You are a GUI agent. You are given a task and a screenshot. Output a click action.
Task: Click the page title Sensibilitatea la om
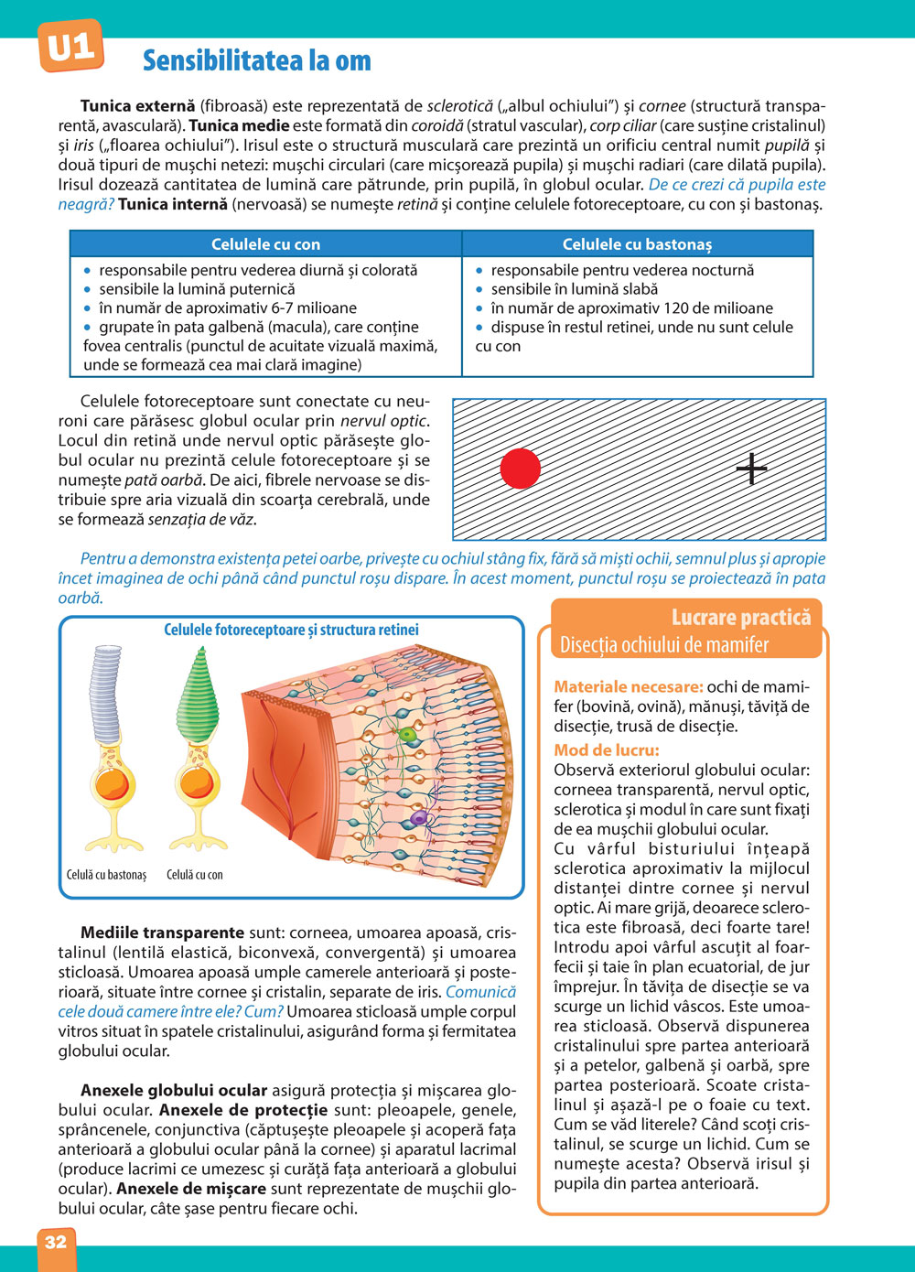point(257,61)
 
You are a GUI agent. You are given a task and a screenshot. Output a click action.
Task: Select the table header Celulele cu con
point(265,244)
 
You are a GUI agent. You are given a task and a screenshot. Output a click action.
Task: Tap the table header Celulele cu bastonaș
point(637,244)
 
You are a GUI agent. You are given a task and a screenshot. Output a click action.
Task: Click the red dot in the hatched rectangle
point(521,469)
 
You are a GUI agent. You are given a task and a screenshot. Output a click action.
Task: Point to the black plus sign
point(751,469)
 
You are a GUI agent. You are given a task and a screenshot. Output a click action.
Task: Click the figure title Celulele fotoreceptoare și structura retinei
point(291,630)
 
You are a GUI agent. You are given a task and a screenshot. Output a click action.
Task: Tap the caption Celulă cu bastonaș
point(106,875)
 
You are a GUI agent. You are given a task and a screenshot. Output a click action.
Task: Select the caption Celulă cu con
point(194,875)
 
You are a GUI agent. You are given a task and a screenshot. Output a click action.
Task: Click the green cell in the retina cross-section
point(406,734)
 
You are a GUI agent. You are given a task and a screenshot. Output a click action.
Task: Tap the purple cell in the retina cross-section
point(419,817)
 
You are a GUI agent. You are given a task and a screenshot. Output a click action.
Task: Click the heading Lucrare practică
point(740,617)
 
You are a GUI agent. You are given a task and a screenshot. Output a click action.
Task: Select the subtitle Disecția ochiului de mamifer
point(664,645)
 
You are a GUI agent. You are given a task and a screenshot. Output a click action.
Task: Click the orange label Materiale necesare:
point(628,686)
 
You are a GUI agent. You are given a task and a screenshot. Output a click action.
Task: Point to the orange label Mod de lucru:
point(606,750)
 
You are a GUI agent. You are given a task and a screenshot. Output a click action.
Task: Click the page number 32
point(56,1242)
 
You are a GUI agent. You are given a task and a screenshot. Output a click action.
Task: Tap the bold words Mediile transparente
point(162,932)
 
